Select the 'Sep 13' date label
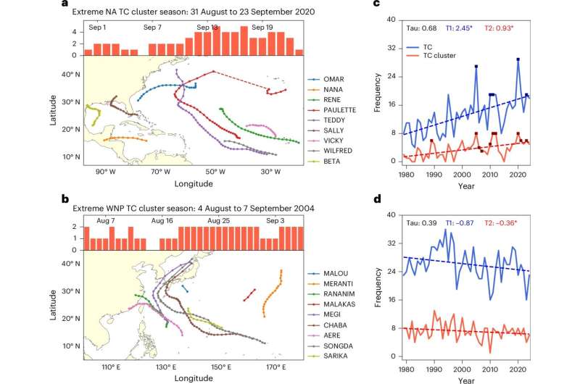[x=207, y=27]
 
